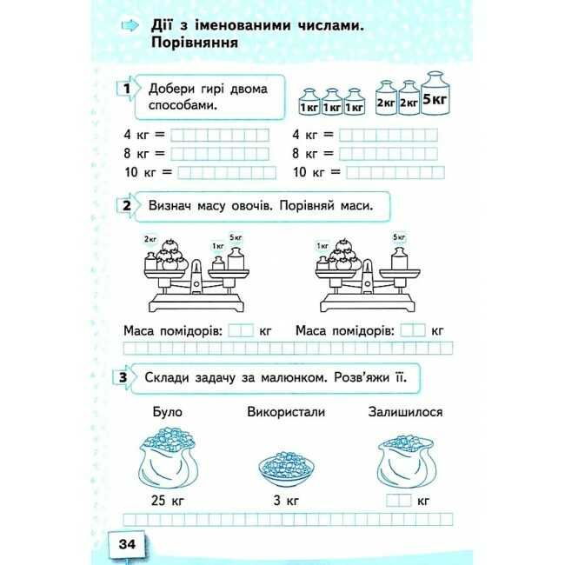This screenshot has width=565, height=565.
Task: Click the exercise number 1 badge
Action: click(128, 90)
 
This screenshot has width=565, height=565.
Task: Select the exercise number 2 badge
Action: click(127, 206)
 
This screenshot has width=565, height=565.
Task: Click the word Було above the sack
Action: click(169, 412)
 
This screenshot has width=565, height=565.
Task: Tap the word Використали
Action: click(286, 412)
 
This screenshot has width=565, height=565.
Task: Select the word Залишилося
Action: click(405, 412)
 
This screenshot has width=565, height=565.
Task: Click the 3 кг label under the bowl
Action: click(286, 502)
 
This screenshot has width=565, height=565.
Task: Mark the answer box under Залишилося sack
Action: click(398, 502)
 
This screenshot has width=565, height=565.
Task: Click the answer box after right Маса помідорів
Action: click(414, 330)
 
